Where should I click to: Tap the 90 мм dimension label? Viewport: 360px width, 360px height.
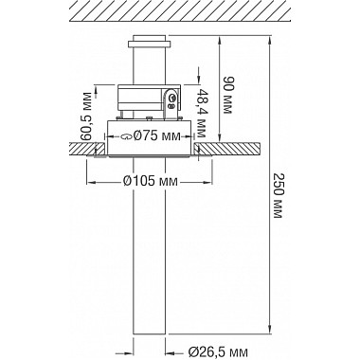[x=227, y=93]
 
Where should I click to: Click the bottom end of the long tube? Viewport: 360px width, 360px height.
[x=149, y=333]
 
